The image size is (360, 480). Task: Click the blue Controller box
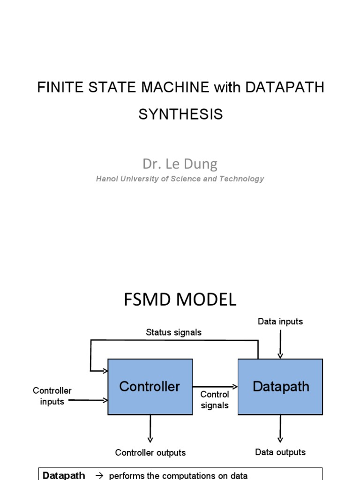pos(150,387)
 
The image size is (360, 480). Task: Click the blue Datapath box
pos(280,387)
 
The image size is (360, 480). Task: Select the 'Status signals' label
pos(173,332)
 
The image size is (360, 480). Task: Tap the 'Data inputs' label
pos(280,322)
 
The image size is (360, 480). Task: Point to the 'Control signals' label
pos(215,400)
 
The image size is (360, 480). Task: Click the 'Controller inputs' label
pos(52,396)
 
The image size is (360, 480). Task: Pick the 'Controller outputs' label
pos(150,453)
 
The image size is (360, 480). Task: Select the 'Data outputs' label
pos(280,452)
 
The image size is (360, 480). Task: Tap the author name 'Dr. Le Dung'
pos(180,164)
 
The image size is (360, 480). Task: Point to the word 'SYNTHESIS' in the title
pos(180,114)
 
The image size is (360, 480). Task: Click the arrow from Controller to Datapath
pos(215,386)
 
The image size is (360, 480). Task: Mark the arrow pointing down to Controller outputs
pos(150,428)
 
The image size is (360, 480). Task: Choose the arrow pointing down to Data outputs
pos(280,428)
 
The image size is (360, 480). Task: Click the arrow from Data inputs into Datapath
pos(280,345)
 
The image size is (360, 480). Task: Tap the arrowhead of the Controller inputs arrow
pos(105,400)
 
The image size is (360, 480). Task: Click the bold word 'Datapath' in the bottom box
pos(64,475)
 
